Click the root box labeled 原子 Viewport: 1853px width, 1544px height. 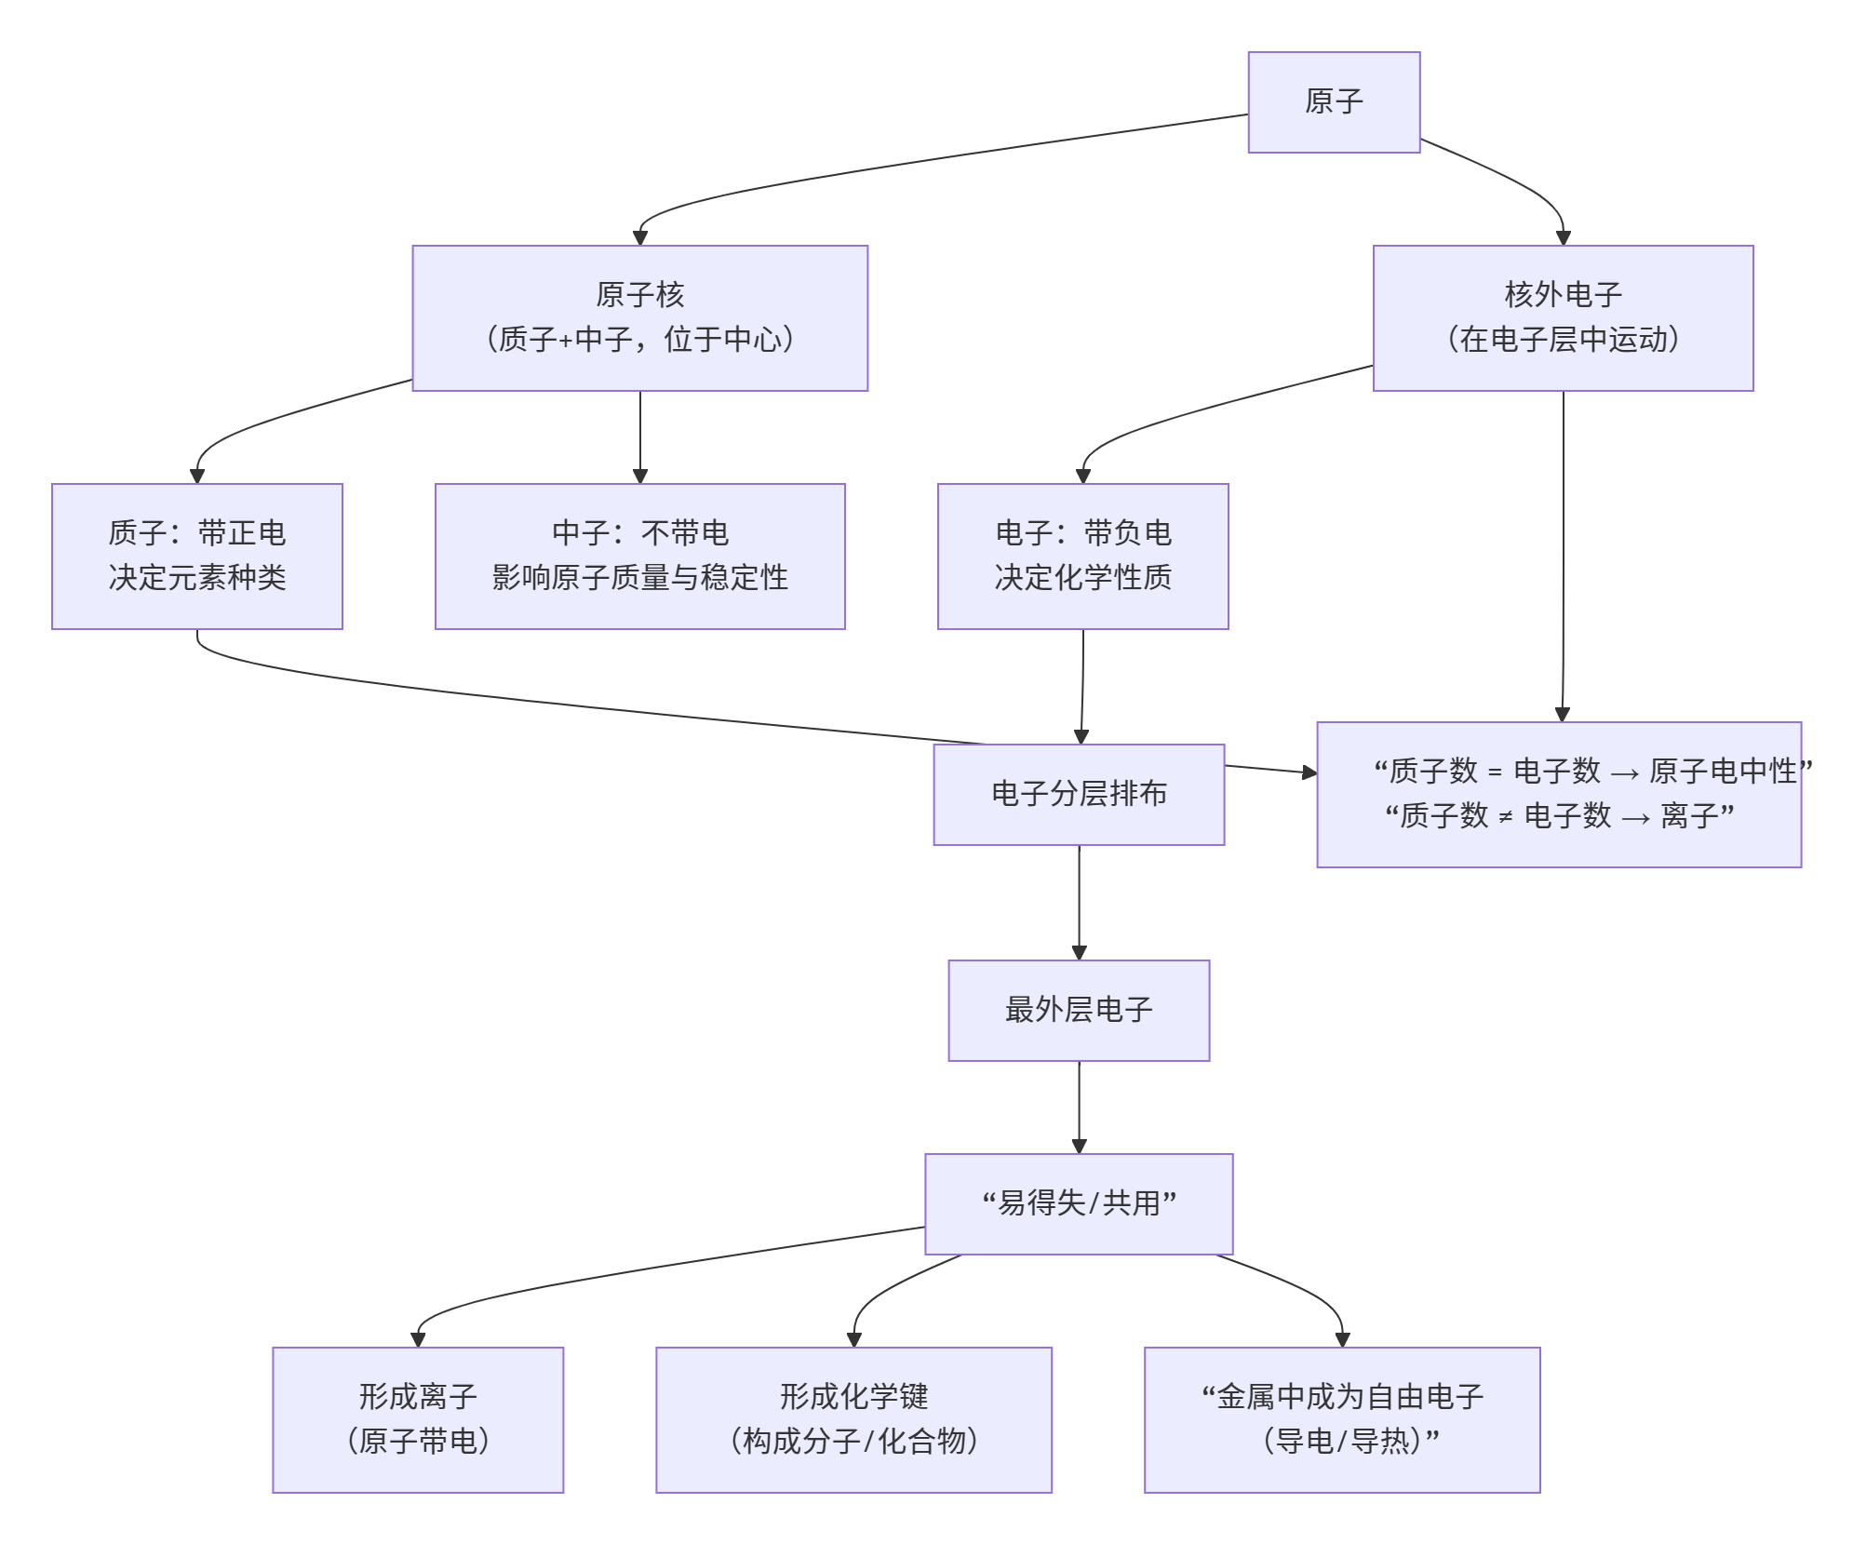(x=1333, y=101)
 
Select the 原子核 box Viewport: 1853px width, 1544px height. (x=639, y=317)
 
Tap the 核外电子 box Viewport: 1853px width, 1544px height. (x=1562, y=317)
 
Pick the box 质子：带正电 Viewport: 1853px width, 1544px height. (x=196, y=556)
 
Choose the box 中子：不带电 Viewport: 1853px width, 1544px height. (x=639, y=556)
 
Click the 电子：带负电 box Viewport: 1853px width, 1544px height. (x=1081, y=556)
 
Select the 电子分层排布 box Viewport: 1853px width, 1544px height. (x=1078, y=794)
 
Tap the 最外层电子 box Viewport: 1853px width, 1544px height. (x=1078, y=1010)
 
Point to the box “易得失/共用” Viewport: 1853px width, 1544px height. (x=1078, y=1203)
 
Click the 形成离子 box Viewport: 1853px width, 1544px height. (x=417, y=1419)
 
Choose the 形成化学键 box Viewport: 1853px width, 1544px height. (x=853, y=1419)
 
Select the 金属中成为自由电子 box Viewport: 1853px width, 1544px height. (x=1341, y=1419)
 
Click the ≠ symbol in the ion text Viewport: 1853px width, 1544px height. (x=1505, y=817)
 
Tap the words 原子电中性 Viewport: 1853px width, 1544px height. (x=1722, y=771)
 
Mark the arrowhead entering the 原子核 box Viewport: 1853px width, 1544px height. (x=639, y=238)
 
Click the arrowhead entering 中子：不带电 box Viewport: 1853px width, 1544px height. (x=639, y=477)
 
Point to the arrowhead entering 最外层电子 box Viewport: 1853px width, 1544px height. (x=1078, y=953)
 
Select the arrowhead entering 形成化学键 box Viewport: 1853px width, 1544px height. (x=853, y=1340)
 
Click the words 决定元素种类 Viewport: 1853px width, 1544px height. (x=196, y=578)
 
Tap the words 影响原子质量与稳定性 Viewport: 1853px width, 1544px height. (x=639, y=578)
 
